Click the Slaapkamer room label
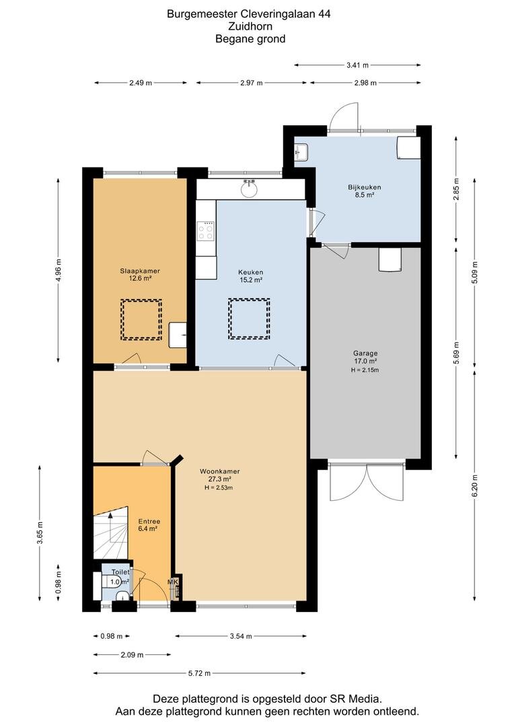pos(140,271)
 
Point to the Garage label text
pos(365,353)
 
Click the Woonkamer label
pos(219,471)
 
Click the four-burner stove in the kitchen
pos(205,232)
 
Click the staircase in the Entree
pos(110,532)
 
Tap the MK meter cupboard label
pos(173,582)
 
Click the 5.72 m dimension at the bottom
pos(198,673)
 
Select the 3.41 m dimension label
pos(357,65)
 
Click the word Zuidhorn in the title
pos(250,26)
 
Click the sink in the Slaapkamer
pos(178,334)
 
